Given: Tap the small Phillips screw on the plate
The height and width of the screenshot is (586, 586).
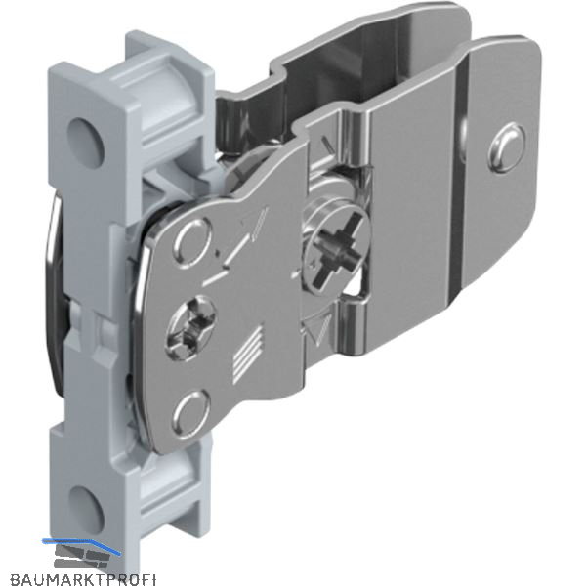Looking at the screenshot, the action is (x=190, y=327).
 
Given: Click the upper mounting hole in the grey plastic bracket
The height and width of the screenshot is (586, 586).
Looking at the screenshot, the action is (x=85, y=143).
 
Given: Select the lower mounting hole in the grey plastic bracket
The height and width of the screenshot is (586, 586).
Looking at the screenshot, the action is (x=85, y=510).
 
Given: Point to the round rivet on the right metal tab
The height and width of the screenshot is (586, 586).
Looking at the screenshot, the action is (x=506, y=147).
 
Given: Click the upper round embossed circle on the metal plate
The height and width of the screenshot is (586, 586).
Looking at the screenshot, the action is (x=192, y=243).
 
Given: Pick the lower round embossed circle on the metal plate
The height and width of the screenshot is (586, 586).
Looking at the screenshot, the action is (x=190, y=414).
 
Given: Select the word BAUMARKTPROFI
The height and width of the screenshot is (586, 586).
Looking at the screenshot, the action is (x=83, y=580).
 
